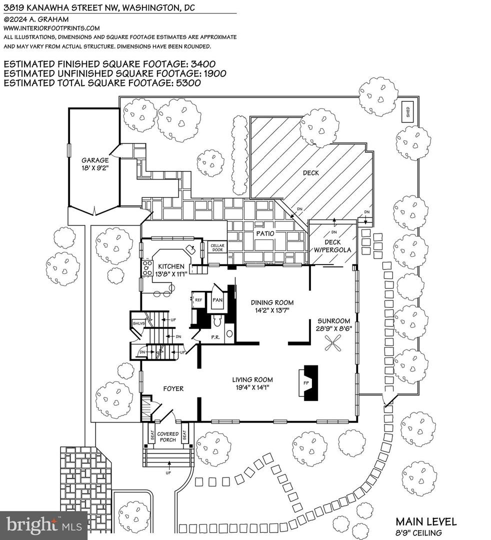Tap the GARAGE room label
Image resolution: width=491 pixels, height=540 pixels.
click(95, 160)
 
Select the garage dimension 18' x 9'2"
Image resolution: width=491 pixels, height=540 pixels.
click(95, 168)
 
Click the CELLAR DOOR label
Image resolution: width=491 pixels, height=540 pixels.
click(217, 247)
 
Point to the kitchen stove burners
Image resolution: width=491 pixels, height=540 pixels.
click(147, 268)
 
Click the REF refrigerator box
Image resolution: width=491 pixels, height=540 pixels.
click(198, 300)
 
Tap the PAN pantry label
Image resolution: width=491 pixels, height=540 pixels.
click(217, 300)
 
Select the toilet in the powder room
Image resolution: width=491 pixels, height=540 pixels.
click(217, 321)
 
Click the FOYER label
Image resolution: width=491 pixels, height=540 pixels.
click(173, 388)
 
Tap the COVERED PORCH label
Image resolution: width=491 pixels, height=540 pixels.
click(168, 436)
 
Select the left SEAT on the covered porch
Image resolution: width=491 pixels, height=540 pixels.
click(152, 435)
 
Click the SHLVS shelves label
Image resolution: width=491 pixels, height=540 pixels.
click(139, 323)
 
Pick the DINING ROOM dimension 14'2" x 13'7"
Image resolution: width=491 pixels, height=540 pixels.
click(272, 310)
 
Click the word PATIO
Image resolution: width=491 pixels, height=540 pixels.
click(265, 233)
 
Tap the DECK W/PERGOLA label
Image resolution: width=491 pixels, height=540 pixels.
click(332, 246)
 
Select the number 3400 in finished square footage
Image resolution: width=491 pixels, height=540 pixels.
click(203, 64)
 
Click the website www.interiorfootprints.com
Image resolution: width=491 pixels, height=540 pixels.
click(51, 28)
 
